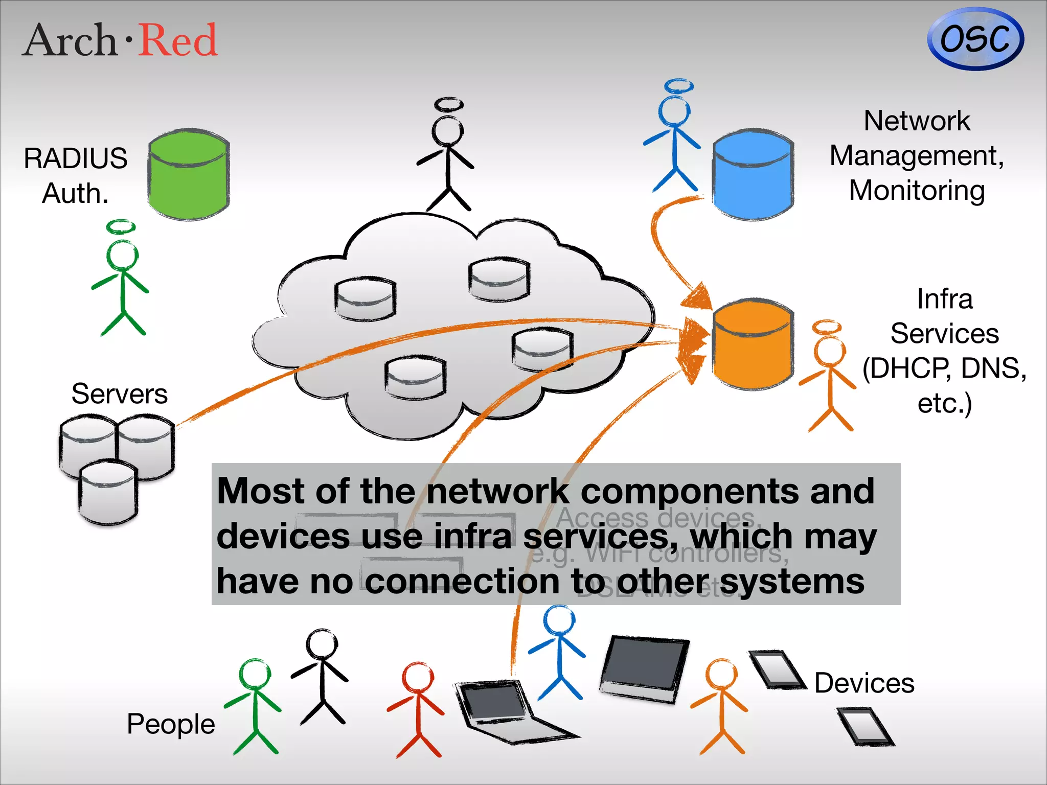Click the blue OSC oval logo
[975, 39]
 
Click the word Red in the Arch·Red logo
[178, 40]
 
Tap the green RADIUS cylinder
[189, 175]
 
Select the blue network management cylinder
[753, 175]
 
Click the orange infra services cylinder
[753, 344]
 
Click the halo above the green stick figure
[121, 227]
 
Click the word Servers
[119, 394]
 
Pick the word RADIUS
[76, 158]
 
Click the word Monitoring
[917, 191]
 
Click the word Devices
[864, 683]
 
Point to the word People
[171, 724]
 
